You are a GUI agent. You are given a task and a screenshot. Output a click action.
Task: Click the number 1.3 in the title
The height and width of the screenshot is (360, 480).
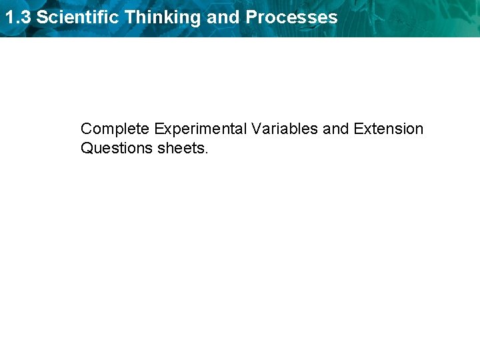17,17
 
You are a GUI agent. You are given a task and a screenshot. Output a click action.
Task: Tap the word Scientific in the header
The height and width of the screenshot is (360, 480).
78,17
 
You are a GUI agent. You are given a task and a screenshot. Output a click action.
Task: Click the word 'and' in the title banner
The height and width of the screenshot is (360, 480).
223,17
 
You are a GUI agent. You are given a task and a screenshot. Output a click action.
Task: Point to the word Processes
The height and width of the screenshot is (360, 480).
291,17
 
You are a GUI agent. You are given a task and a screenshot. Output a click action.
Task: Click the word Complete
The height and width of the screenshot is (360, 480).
115,129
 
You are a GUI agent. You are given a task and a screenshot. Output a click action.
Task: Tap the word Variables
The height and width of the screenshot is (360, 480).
285,129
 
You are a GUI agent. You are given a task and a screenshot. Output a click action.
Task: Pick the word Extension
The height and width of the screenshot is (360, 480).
389,129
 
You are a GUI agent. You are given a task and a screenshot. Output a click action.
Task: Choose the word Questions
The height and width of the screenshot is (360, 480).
117,148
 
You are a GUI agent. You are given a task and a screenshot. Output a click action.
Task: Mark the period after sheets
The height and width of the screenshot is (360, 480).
207,152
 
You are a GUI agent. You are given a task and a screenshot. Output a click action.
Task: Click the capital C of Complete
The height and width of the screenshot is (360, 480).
86,129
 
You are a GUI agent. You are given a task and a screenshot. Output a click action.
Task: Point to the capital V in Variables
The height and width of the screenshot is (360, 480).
255,129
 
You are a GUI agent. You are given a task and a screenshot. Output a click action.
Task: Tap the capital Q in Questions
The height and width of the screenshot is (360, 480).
86,148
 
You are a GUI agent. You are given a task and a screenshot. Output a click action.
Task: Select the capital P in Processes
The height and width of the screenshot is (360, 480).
251,17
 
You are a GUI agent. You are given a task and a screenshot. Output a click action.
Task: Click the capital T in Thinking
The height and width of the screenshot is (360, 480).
129,17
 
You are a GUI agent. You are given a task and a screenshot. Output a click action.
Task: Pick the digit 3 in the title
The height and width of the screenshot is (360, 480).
25,17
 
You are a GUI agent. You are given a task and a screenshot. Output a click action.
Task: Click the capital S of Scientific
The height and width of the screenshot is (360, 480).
41,17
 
